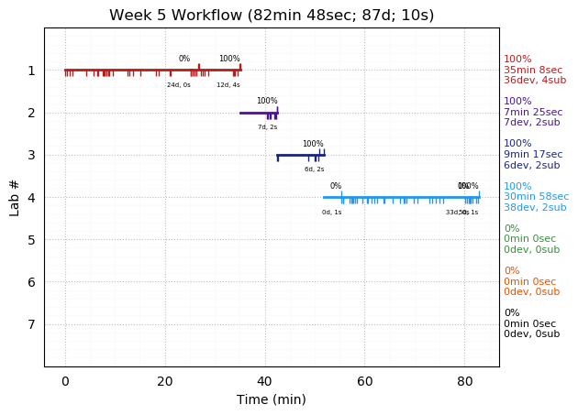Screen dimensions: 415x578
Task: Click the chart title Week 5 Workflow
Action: coord(272,16)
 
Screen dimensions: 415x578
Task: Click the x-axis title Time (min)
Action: coord(272,399)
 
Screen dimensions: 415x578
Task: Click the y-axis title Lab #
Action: coord(15,197)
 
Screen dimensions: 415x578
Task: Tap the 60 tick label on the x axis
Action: coord(364,380)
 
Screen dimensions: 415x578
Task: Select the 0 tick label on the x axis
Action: coord(65,380)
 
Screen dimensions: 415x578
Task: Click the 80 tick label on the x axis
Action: coord(464,380)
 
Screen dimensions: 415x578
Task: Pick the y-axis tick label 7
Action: coord(31,324)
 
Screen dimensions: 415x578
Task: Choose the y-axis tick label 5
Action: coord(31,240)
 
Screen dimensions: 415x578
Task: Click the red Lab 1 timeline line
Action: coord(138,70)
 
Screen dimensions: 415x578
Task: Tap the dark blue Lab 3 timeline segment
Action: coord(298,155)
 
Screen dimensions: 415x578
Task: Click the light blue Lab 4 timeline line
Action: coord(404,197)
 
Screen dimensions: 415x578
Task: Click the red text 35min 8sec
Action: coord(533,70)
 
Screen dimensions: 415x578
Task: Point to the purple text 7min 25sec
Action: coord(533,112)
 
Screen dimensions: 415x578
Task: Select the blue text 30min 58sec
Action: coord(536,197)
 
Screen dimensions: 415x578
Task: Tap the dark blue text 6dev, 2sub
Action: coord(531,165)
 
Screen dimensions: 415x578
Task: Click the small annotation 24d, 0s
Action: coord(179,85)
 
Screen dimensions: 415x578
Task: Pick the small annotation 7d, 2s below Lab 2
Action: coord(267,127)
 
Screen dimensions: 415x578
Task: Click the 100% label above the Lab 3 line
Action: coord(313,144)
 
